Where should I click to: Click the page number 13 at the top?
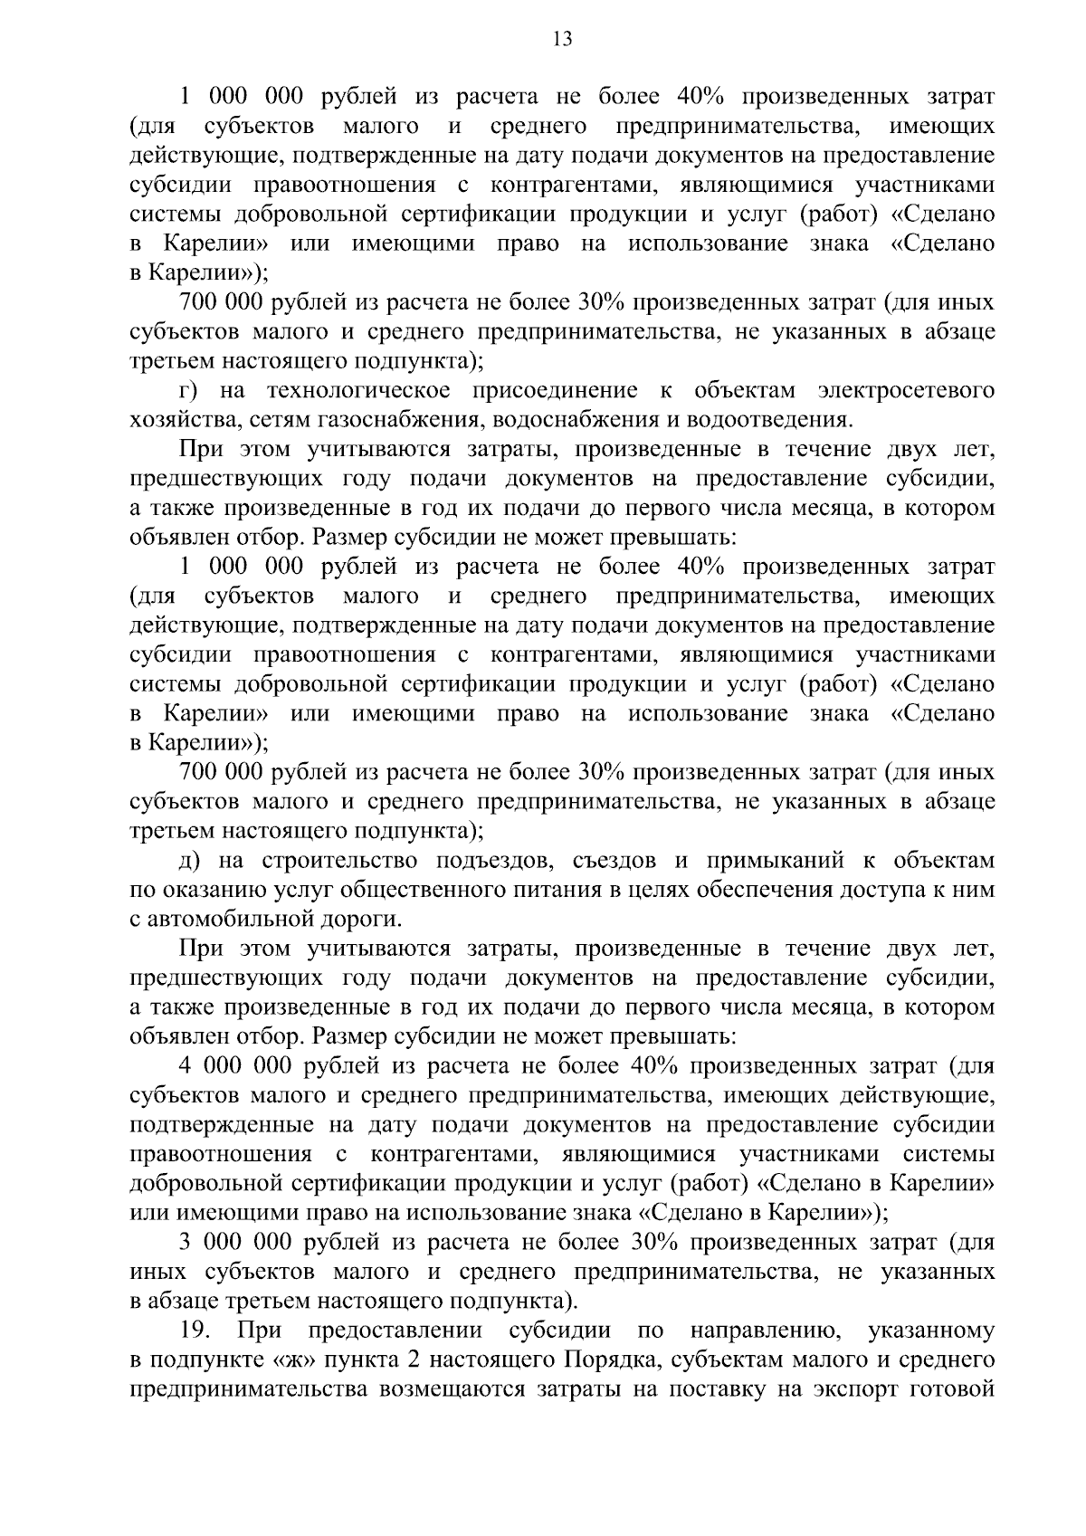[561, 39]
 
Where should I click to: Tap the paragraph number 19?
[195, 1331]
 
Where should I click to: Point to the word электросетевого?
[906, 391]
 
